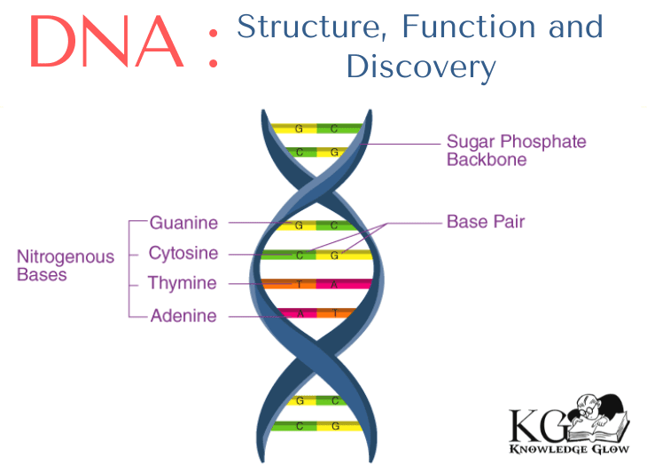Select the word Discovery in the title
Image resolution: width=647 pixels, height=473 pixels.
tap(420, 66)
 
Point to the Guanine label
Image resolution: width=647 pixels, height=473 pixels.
tap(183, 222)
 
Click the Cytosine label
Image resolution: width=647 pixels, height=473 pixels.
tap(183, 253)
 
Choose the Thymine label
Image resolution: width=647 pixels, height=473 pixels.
tap(182, 284)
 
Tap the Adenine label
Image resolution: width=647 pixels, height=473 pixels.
tap(183, 316)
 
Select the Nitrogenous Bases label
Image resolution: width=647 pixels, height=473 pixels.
tap(65, 265)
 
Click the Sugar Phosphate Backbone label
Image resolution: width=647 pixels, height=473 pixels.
tap(516, 151)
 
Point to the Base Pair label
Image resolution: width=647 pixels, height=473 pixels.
tap(485, 221)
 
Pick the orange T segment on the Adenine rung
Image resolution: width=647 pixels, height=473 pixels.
tap(337, 313)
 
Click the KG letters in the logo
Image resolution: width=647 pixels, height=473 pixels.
tap(534, 425)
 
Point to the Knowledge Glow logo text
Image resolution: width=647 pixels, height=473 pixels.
tap(569, 449)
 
